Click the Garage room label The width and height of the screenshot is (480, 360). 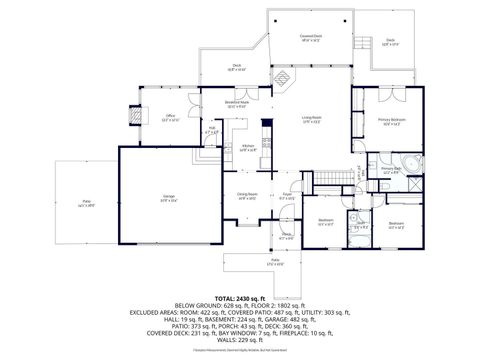[x=169, y=197]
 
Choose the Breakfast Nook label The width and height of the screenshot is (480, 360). [x=238, y=104]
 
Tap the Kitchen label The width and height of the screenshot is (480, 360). [x=248, y=148]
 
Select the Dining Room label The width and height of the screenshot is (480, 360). [x=247, y=196]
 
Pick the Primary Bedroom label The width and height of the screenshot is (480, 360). [x=391, y=121]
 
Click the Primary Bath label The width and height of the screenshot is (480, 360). [x=390, y=170]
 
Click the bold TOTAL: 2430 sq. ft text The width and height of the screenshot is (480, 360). [x=240, y=298]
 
